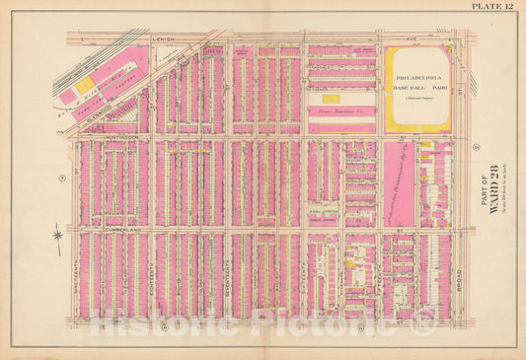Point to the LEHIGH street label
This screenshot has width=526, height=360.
[x=164, y=39]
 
